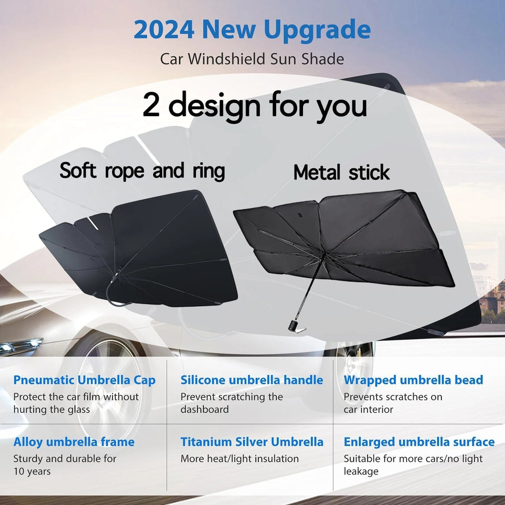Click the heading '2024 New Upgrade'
tap(252, 30)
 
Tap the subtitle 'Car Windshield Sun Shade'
tap(252, 58)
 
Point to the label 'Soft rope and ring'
tap(142, 171)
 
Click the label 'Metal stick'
tap(341, 173)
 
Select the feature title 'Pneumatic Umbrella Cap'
tap(84, 380)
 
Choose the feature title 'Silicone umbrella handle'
tap(251, 380)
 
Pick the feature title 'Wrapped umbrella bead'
tap(413, 380)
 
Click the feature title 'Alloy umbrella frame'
tap(74, 442)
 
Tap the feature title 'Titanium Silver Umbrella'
tap(251, 442)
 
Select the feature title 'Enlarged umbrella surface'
tap(419, 442)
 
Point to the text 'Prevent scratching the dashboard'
tap(231, 403)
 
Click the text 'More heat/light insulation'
tap(239, 459)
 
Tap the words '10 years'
tap(32, 471)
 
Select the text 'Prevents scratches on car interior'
tap(392, 403)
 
